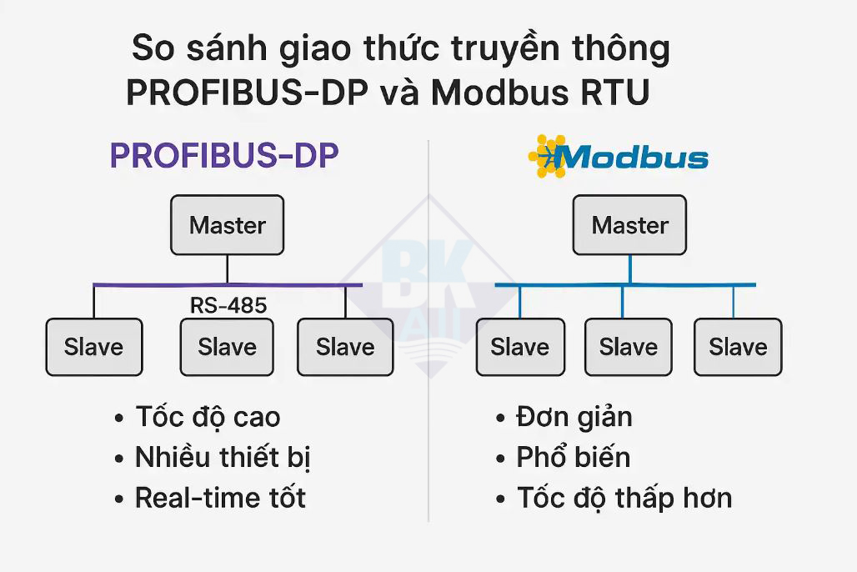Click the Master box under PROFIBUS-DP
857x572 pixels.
point(228,225)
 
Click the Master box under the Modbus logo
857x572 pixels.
point(629,225)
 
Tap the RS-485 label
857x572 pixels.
point(228,305)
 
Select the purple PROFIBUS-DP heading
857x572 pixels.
point(224,155)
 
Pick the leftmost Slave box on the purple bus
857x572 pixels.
point(94,347)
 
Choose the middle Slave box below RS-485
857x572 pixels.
point(227,347)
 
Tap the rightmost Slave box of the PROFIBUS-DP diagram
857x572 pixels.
point(345,347)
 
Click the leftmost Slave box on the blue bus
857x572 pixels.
point(520,347)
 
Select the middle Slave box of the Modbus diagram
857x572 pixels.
point(629,347)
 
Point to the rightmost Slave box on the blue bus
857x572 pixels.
point(738,347)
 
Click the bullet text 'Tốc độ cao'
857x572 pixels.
point(208,417)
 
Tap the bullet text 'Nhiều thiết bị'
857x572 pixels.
point(223,458)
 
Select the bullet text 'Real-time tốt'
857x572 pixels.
point(220,498)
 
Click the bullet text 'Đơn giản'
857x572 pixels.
point(574,417)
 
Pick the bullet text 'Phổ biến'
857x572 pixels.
point(574,457)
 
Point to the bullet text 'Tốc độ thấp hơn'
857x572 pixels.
point(624,498)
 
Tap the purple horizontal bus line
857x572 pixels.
point(228,285)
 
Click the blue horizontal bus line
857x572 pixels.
point(625,285)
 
